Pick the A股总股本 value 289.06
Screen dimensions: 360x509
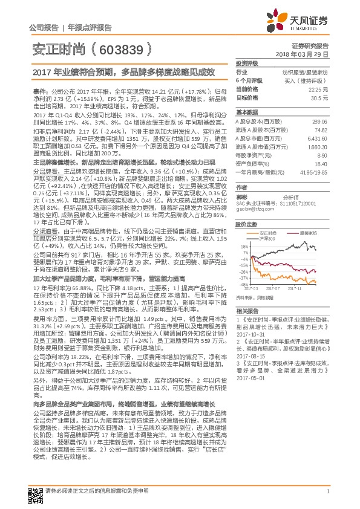pos(319,122)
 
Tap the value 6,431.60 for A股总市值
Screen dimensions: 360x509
pos(316,138)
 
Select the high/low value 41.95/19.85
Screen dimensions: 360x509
pos(314,172)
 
